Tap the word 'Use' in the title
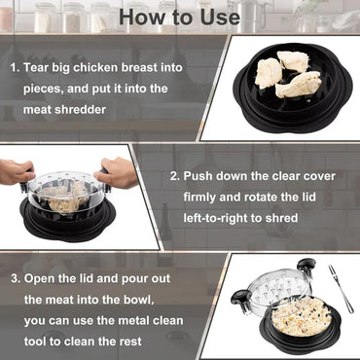point(217,18)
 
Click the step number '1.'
point(17,69)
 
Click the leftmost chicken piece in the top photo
point(270,73)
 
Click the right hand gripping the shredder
point(119,174)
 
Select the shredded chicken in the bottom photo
point(283,318)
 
